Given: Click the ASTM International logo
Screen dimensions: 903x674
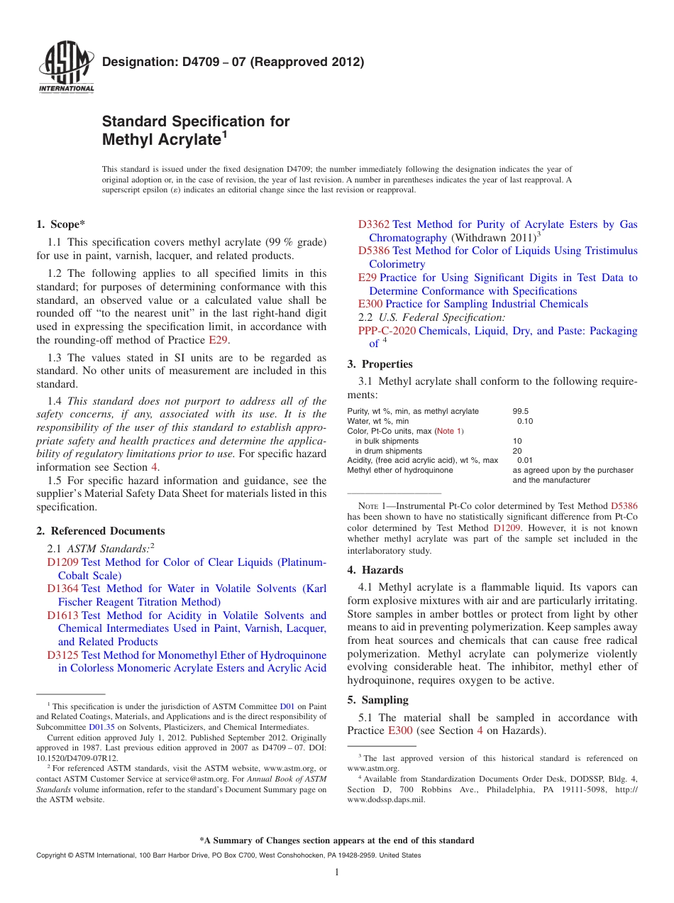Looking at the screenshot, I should point(65,67).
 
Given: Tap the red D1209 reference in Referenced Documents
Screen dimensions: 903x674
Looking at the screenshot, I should point(63,562).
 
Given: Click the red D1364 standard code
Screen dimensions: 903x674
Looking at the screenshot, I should point(63,589).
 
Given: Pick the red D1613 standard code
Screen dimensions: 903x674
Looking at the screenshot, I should point(63,615).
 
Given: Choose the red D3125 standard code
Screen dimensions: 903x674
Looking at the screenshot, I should point(63,655).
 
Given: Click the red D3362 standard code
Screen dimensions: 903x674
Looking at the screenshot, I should point(374,224).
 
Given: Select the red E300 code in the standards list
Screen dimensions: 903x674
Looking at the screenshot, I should point(370,304).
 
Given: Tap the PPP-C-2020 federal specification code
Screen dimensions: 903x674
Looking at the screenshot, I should point(387,331).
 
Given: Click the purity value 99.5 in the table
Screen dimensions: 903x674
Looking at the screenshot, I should point(520,411).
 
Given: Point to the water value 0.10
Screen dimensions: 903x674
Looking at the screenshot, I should point(524,421).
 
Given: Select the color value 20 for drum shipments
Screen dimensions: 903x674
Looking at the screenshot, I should point(516,451).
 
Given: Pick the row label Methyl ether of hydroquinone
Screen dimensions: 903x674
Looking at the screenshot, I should point(400,471).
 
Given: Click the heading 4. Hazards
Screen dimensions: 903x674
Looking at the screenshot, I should point(375,570).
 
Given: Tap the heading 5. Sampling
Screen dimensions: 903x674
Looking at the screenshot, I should point(378,700).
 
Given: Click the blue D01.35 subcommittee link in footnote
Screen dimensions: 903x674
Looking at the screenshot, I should point(101,727).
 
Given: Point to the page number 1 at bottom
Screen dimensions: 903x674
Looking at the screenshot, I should point(337,872).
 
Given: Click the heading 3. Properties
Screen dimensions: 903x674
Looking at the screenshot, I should point(380,364).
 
